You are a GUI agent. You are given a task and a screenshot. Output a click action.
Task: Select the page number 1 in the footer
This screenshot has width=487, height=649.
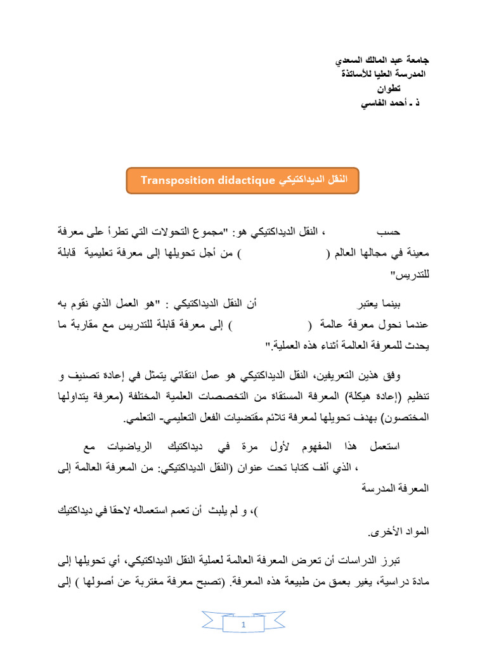(x=243, y=626)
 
